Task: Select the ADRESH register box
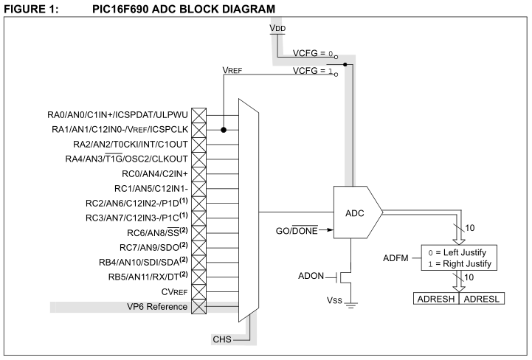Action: [x=435, y=300]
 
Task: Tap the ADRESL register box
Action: [x=482, y=300]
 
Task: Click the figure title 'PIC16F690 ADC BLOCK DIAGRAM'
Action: [x=173, y=8]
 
